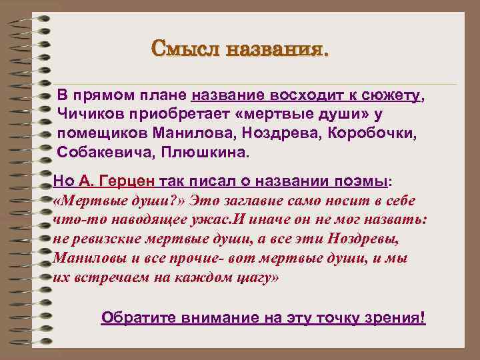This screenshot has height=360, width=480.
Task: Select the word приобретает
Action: [170, 114]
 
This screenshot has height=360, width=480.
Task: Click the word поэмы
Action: [363, 181]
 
